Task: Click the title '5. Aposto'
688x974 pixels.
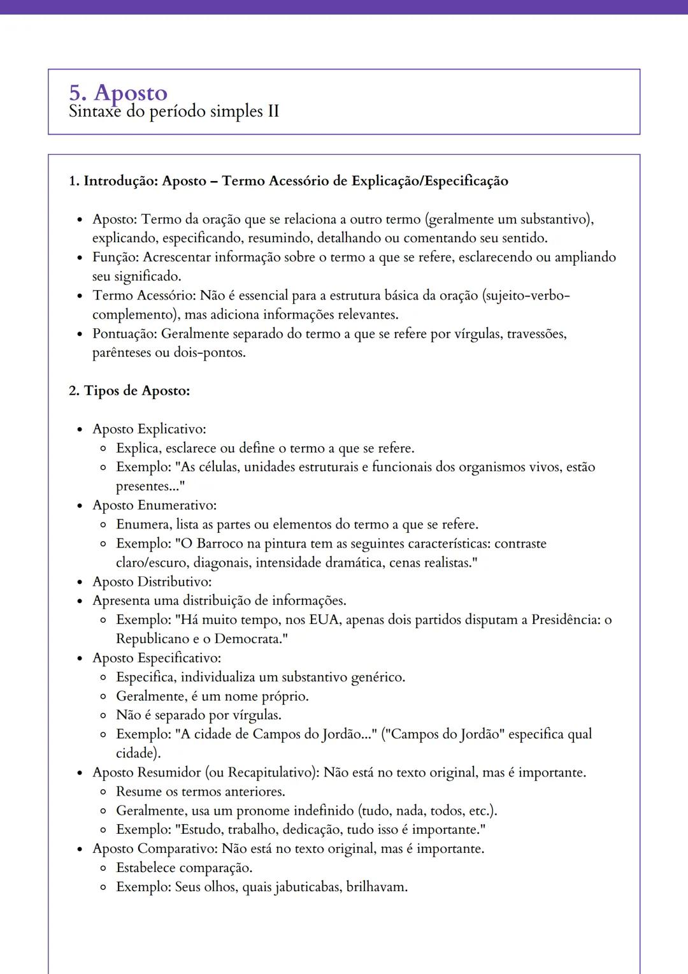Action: (x=118, y=93)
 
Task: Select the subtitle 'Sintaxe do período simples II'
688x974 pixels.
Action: (x=173, y=112)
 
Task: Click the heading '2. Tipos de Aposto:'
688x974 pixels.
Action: (x=129, y=391)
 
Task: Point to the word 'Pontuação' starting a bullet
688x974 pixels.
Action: (x=124, y=334)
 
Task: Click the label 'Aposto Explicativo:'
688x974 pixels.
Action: (x=149, y=429)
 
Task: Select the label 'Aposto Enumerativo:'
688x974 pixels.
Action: (x=154, y=505)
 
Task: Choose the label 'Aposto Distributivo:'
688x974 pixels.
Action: (x=152, y=582)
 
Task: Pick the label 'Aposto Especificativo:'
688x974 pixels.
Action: (x=157, y=658)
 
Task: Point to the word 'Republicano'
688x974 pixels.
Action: (x=153, y=639)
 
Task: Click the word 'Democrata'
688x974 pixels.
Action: (x=248, y=639)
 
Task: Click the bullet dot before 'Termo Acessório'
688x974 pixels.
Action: (x=80, y=296)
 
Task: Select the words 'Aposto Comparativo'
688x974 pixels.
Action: (x=155, y=849)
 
